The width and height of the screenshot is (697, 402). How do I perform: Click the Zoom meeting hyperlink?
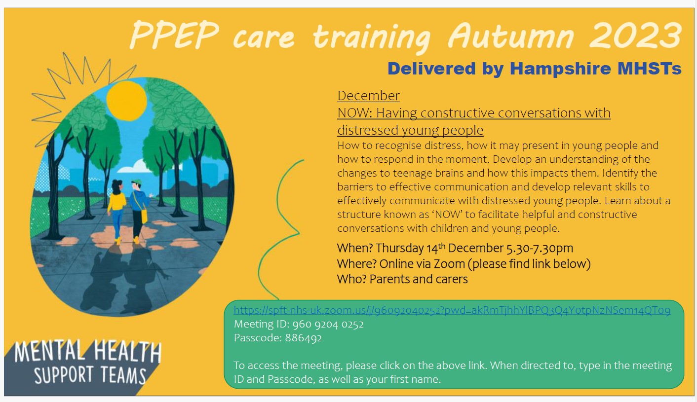click(452, 310)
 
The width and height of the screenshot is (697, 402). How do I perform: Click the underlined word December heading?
click(368, 96)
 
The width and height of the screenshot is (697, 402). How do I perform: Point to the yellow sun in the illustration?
click(126, 101)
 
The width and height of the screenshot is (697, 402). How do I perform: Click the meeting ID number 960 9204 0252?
click(328, 324)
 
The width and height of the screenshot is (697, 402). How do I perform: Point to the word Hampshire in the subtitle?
click(560, 69)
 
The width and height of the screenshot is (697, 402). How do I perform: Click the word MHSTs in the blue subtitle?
click(650, 69)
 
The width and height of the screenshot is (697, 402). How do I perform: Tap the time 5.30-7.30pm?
click(540, 248)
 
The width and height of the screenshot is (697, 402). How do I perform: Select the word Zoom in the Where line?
click(449, 264)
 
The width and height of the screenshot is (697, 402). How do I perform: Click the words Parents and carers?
click(419, 279)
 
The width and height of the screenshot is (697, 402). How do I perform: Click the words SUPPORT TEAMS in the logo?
click(90, 375)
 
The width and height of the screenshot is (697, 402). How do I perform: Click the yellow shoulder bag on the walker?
click(144, 217)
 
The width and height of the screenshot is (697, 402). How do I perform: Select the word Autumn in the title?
click(511, 35)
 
